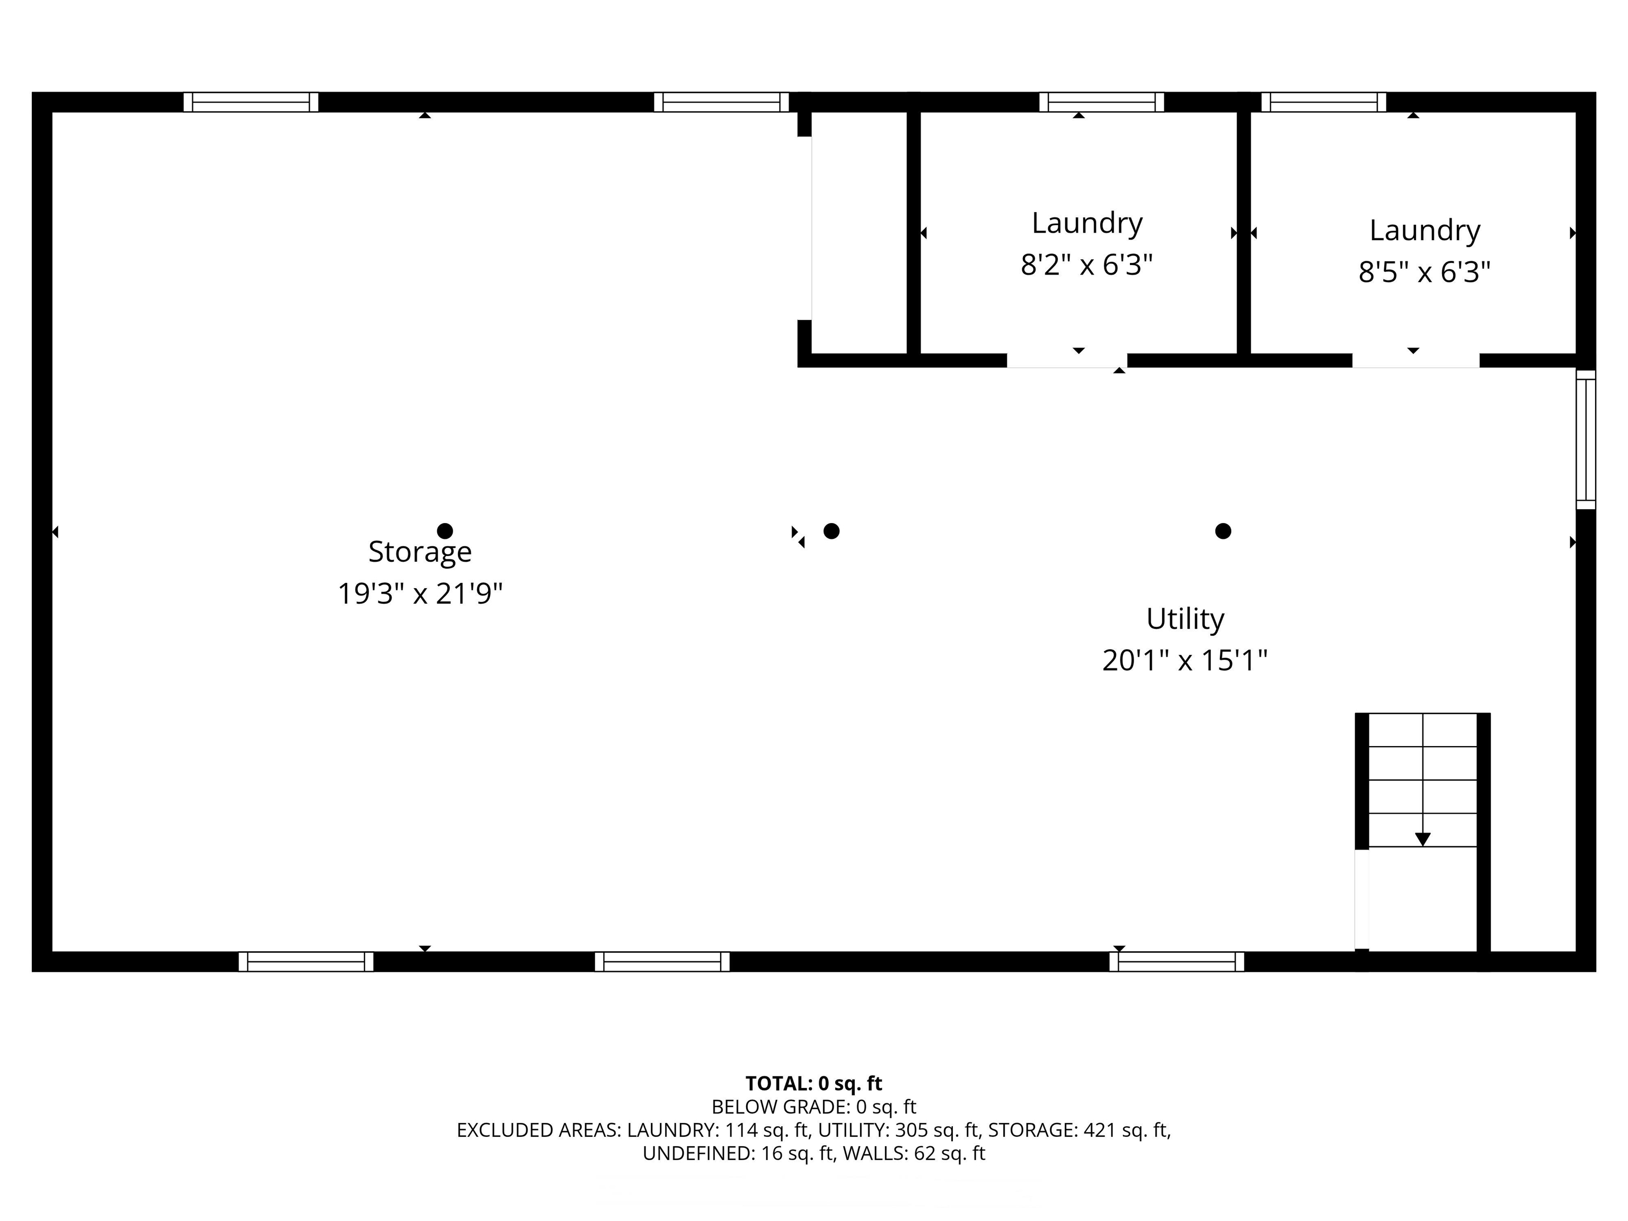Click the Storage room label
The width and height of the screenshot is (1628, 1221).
tap(420, 551)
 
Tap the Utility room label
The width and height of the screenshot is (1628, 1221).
tap(1185, 618)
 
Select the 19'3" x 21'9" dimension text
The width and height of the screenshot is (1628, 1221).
tap(420, 593)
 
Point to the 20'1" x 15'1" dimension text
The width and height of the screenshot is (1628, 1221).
tap(1185, 660)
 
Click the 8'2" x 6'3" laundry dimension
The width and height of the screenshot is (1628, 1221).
tap(1086, 264)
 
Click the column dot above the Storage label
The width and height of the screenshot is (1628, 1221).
tap(445, 530)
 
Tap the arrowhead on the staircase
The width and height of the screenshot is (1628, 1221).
tap(1423, 839)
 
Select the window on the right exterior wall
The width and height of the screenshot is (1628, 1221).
tap(1585, 439)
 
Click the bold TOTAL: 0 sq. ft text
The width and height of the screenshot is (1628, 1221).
tap(813, 1083)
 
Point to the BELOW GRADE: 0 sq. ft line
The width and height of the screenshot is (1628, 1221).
tap(813, 1107)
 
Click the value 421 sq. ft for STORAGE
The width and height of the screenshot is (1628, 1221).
tap(1126, 1130)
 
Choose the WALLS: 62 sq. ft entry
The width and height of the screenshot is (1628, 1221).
tap(913, 1153)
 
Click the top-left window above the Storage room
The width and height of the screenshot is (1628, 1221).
tap(251, 102)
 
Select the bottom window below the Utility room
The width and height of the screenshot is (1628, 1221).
tap(1176, 962)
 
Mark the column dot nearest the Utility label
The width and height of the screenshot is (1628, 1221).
tap(1223, 530)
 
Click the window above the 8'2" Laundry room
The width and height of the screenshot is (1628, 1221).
tap(1101, 102)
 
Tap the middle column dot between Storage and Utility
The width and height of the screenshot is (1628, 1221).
tap(831, 530)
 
